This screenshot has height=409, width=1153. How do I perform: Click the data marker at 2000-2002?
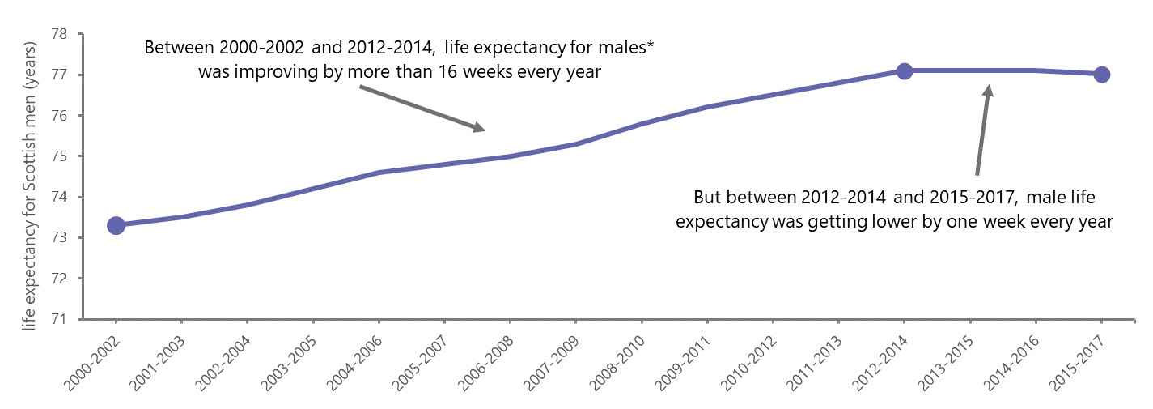(x=116, y=225)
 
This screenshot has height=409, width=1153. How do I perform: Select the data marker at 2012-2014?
(x=905, y=71)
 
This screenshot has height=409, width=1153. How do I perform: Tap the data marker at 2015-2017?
(x=1101, y=75)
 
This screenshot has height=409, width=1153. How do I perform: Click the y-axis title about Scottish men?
(x=29, y=175)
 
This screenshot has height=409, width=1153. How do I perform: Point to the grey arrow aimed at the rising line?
(x=422, y=108)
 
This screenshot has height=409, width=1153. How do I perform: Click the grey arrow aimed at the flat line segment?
(x=982, y=130)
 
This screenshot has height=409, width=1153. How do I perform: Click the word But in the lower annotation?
(x=708, y=197)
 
